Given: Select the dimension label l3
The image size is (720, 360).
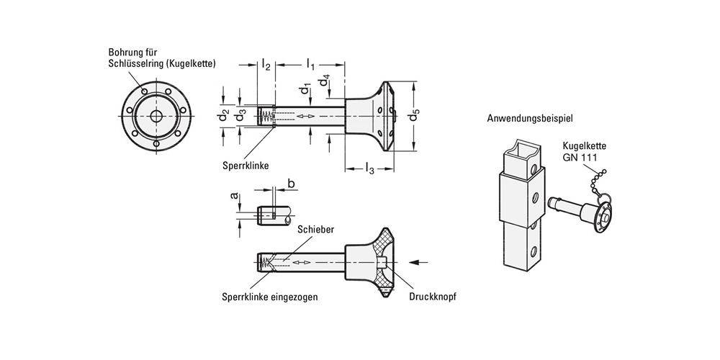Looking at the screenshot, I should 369,168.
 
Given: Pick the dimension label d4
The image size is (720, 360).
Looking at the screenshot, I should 326,81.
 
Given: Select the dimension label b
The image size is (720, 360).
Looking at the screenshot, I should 291,184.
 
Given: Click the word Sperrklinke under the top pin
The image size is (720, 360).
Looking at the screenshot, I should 246,165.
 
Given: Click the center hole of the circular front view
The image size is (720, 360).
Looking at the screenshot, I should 156,117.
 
